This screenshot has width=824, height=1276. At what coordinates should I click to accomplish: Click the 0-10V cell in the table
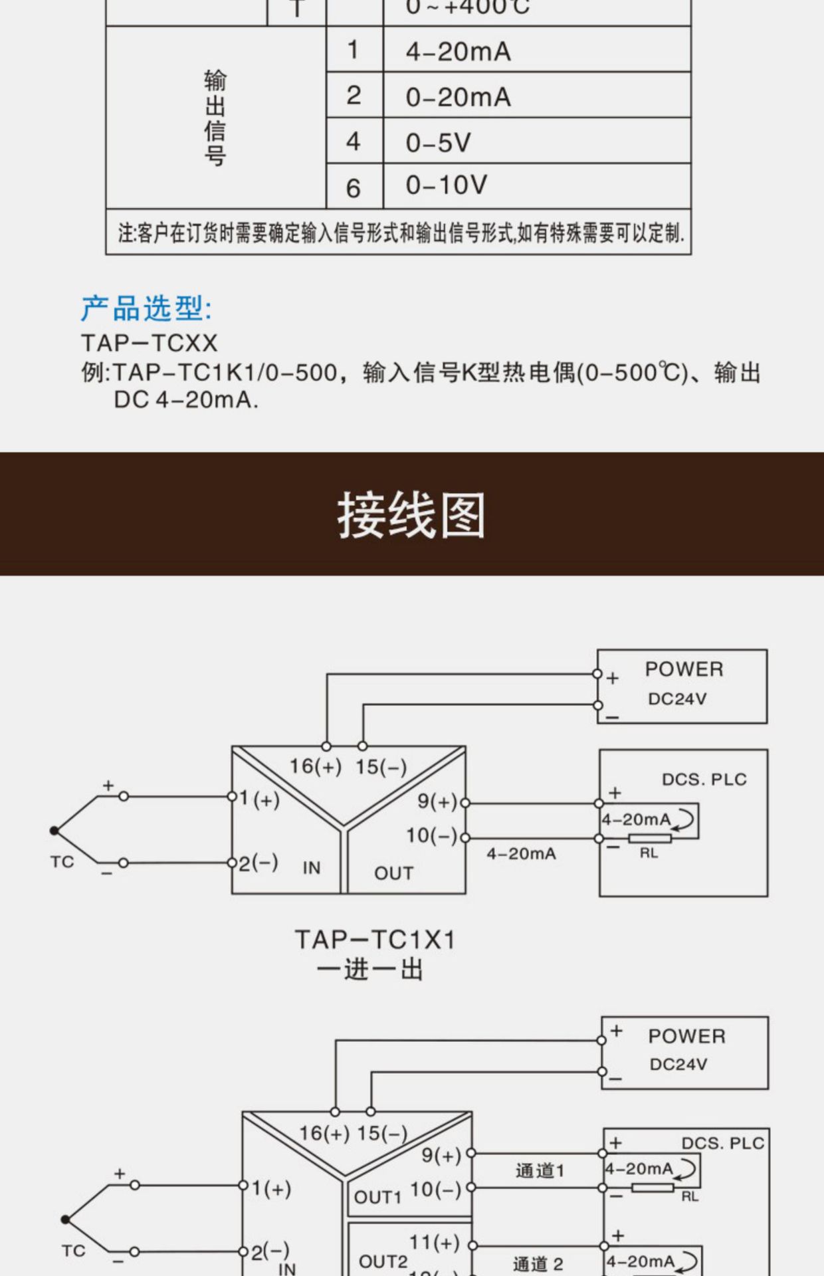(x=447, y=185)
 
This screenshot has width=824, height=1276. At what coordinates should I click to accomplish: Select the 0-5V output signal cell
(x=439, y=142)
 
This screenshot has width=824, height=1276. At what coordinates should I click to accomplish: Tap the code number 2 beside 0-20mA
(x=354, y=96)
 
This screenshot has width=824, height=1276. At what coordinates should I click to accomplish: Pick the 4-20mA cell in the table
(x=459, y=52)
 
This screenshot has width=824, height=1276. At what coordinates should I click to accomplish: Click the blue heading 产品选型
(x=146, y=308)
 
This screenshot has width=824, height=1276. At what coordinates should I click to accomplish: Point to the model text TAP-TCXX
(x=150, y=344)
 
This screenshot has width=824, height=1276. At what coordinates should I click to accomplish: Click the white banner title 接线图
(x=411, y=515)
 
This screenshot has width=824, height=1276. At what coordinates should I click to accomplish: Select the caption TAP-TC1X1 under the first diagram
(x=375, y=940)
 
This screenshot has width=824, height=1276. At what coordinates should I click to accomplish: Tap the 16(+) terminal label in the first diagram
(x=315, y=766)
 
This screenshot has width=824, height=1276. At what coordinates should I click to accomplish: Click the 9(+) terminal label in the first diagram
(x=437, y=801)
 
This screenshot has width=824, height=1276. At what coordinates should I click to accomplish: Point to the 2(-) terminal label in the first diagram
(x=258, y=863)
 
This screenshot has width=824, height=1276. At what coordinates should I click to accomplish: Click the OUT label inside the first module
(x=393, y=873)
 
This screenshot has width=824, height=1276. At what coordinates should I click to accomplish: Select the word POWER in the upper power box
(x=684, y=669)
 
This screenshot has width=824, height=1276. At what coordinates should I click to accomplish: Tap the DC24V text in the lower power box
(x=678, y=1064)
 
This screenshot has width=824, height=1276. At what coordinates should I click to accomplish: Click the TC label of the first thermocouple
(x=62, y=862)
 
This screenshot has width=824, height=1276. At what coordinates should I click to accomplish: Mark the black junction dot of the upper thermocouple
(x=54, y=830)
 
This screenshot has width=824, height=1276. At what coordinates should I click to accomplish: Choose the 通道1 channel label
(x=540, y=1170)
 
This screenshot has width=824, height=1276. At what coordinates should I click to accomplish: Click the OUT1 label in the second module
(x=377, y=1197)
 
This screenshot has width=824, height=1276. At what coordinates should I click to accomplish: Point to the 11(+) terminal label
(x=435, y=1241)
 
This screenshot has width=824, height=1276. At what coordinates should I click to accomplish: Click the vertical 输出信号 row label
(x=215, y=117)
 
